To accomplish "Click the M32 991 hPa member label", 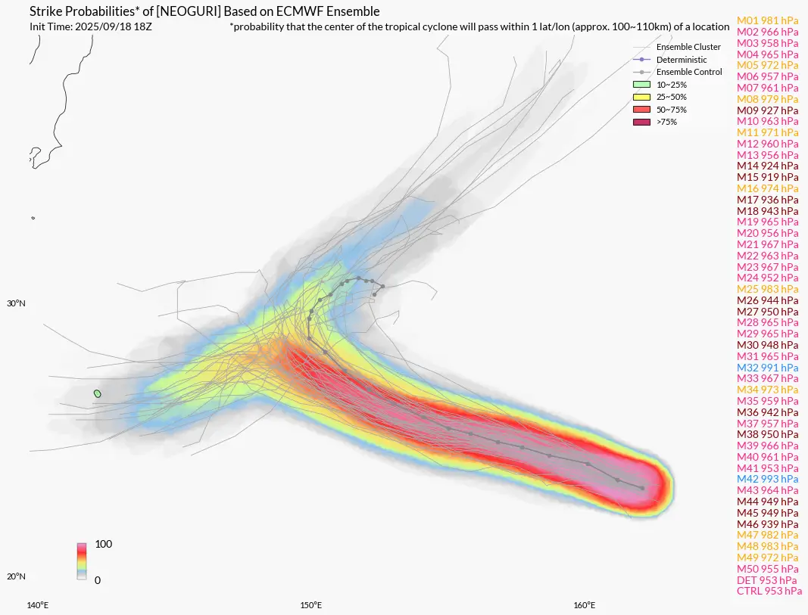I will click(x=767, y=367).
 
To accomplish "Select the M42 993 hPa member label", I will click(x=767, y=479).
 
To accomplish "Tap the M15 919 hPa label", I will click(x=767, y=177).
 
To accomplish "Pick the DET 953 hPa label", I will click(x=766, y=580).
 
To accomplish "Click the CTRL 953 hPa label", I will click(x=769, y=591).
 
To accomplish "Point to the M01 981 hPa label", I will click(x=767, y=20).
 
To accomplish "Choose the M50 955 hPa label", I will click(x=767, y=569).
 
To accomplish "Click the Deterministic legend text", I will click(x=682, y=60).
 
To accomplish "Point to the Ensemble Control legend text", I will click(x=688, y=72).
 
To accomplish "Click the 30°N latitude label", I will click(x=16, y=304).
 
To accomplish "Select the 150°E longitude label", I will click(x=310, y=605).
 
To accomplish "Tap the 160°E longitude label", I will click(x=583, y=605).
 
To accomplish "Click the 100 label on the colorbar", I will click(x=103, y=545).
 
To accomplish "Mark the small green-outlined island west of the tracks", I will click(x=97, y=393).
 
